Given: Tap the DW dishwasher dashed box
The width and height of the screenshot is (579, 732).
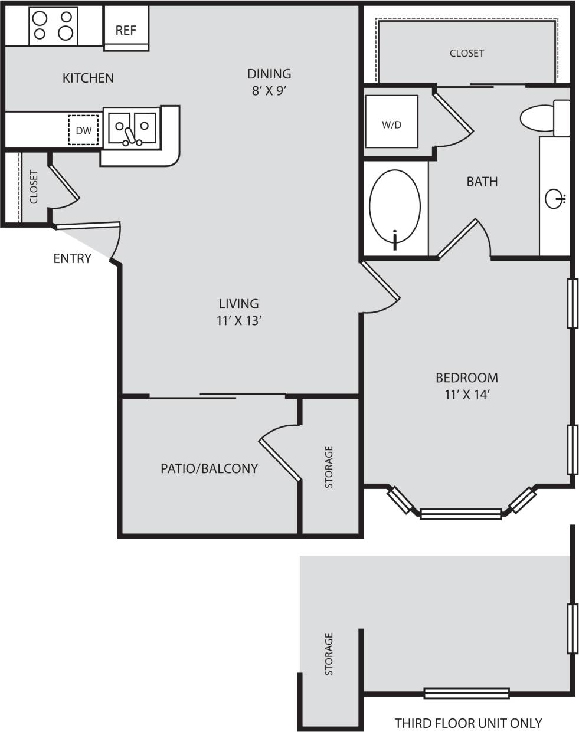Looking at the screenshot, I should pyautogui.click(x=83, y=130).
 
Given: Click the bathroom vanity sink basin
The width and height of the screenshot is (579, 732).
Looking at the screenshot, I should pyautogui.click(x=555, y=199).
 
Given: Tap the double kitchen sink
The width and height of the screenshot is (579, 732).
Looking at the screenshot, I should pyautogui.click(x=132, y=127).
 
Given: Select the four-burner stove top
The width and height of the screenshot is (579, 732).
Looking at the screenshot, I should pyautogui.click(x=53, y=26).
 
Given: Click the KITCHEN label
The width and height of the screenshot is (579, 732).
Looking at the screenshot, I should pyautogui.click(x=88, y=78).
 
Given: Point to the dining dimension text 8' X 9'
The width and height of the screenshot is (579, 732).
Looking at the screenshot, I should pyautogui.click(x=269, y=91).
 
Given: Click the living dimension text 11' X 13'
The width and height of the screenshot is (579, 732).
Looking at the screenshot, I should pyautogui.click(x=238, y=321).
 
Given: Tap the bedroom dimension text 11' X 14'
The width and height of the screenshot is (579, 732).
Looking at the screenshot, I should pyautogui.click(x=467, y=395).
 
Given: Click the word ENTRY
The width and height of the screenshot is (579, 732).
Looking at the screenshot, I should pyautogui.click(x=72, y=258).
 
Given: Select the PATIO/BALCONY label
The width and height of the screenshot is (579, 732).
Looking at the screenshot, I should pyautogui.click(x=209, y=468).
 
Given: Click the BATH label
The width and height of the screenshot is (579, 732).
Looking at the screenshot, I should pyautogui.click(x=482, y=182).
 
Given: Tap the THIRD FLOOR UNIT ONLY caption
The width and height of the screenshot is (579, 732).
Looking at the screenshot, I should pyautogui.click(x=468, y=723).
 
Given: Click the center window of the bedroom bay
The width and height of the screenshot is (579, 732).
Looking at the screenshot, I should pyautogui.click(x=460, y=514).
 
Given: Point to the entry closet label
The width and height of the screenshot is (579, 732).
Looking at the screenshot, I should pyautogui.click(x=34, y=187).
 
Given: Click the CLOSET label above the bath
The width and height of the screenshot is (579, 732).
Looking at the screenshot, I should pyautogui.click(x=466, y=53).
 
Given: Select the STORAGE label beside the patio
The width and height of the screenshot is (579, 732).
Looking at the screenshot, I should pyautogui.click(x=329, y=467).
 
